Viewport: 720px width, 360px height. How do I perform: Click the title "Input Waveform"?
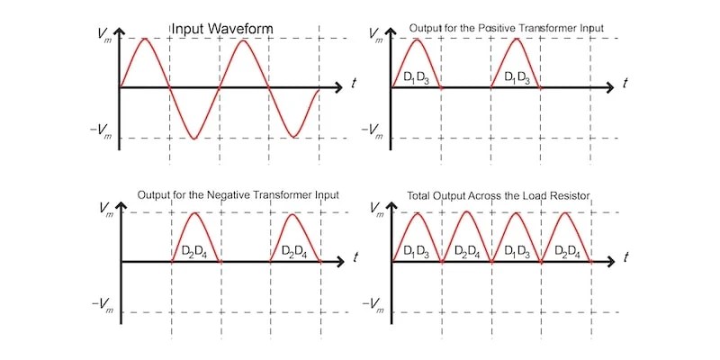tap(222, 29)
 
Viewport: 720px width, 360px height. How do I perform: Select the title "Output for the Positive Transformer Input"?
tap(506, 29)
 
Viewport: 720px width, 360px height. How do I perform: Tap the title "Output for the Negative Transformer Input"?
tap(232, 195)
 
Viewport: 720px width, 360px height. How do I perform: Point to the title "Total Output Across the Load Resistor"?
tap(493, 195)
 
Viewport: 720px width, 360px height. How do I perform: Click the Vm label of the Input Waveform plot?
tap(103, 33)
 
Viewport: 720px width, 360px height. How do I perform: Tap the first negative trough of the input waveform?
tap(194, 138)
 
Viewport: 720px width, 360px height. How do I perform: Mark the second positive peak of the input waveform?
tap(244, 38)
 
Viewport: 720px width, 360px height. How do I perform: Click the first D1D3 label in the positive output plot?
tap(416, 76)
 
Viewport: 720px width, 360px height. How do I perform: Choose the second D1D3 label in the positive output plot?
tap(517, 76)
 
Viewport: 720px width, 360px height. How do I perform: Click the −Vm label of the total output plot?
tap(373, 309)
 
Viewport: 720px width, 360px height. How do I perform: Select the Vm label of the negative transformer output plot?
tap(103, 208)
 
